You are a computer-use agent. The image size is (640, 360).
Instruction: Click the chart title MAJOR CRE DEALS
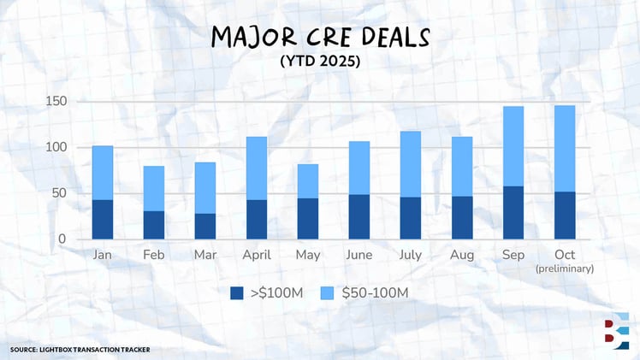[x=320, y=38]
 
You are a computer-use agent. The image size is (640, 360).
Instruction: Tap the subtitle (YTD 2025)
[x=320, y=62]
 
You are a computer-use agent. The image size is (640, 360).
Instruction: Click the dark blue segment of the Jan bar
[x=103, y=220]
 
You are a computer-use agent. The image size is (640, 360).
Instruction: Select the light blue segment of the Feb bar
[x=154, y=188]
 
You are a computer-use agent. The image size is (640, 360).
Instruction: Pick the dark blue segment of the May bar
[x=308, y=219]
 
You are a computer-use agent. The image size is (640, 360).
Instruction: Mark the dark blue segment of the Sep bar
[x=513, y=213]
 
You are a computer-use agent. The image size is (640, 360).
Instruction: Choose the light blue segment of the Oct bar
[x=565, y=149]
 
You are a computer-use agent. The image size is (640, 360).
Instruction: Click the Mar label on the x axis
[x=205, y=255]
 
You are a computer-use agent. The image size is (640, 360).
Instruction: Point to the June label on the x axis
[x=359, y=255]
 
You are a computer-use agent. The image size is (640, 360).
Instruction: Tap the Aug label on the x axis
[x=462, y=255]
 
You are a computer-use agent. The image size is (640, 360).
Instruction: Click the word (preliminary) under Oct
[x=565, y=269]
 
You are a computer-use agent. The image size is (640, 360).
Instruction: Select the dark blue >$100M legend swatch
[x=237, y=293]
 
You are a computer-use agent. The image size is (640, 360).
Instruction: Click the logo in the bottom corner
[x=614, y=332]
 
